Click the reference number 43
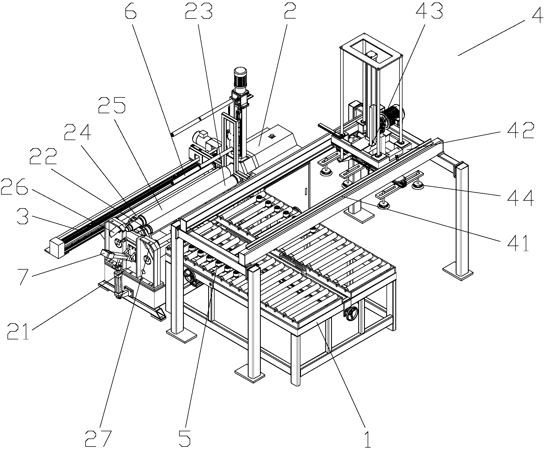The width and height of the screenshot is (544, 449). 429,11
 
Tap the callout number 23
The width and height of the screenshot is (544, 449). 199,11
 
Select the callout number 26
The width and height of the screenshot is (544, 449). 14,187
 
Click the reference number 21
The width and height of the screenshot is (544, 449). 18,331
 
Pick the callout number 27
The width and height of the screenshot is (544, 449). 99,438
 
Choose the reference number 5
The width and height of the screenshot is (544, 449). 185,438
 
